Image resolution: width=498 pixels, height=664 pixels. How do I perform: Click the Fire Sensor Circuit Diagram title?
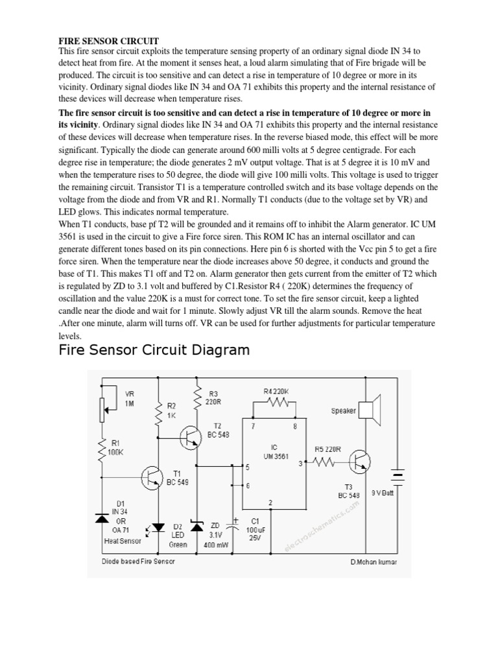tap(154, 351)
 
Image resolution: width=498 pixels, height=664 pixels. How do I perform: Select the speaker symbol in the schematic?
tap(368, 410)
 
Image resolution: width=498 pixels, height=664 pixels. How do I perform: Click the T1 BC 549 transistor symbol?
tap(153, 478)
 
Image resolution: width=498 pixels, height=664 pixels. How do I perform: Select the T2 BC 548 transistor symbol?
tap(190, 438)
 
